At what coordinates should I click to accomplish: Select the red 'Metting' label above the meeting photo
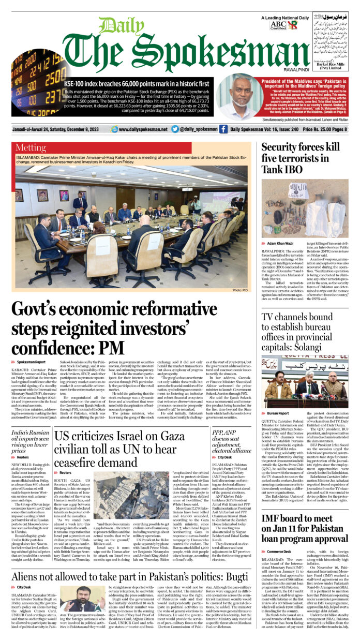tap(31, 147)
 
